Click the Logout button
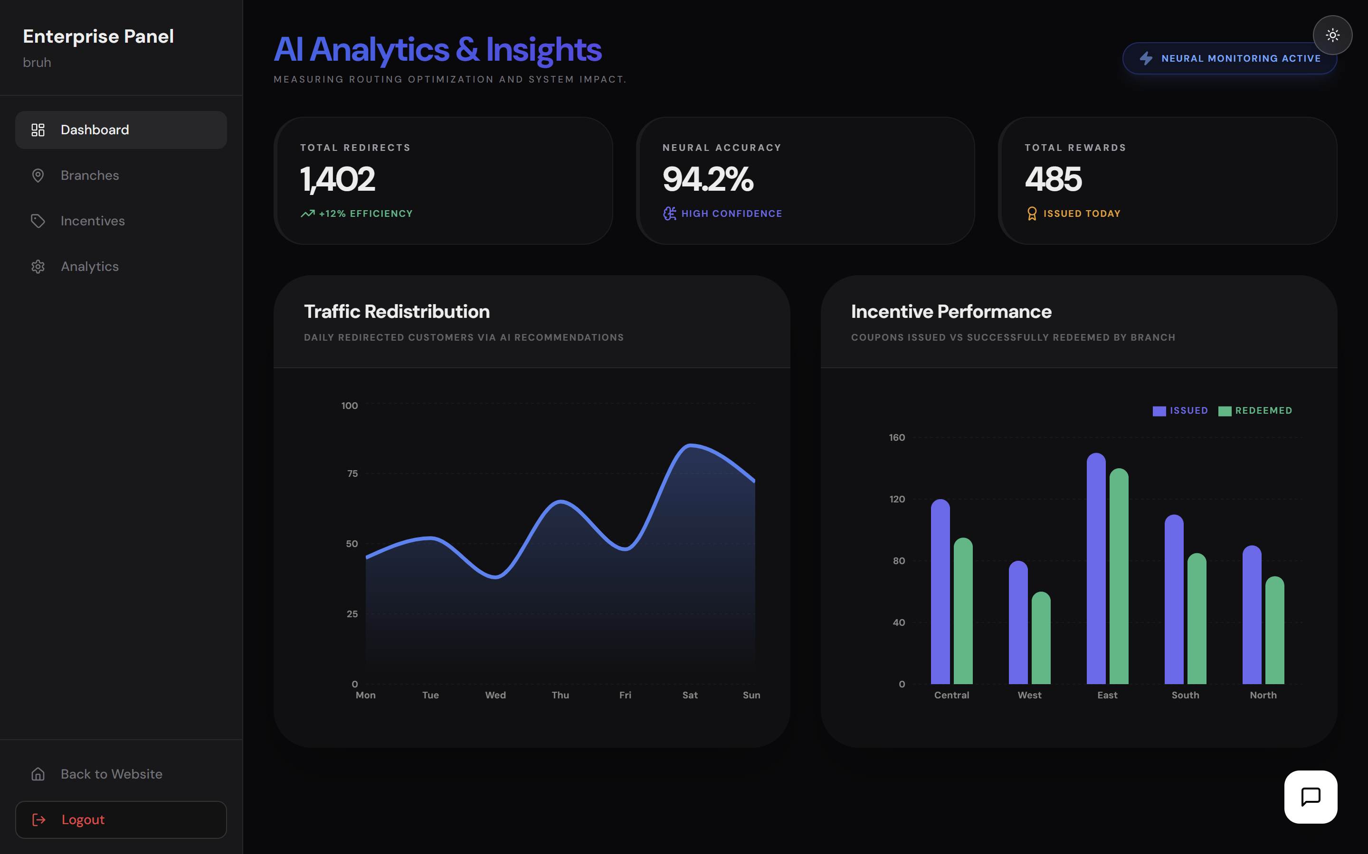click(121, 819)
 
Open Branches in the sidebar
click(90, 176)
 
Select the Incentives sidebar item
click(93, 221)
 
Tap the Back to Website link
click(111, 774)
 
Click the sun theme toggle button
click(1332, 36)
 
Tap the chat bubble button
click(1311, 797)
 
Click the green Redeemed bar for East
click(1119, 576)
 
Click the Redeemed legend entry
click(1255, 410)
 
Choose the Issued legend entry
click(1180, 410)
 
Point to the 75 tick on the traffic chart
click(352, 473)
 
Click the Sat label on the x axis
click(690, 695)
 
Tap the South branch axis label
click(1185, 695)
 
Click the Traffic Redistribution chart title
click(397, 312)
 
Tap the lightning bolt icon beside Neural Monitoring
click(1146, 58)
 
